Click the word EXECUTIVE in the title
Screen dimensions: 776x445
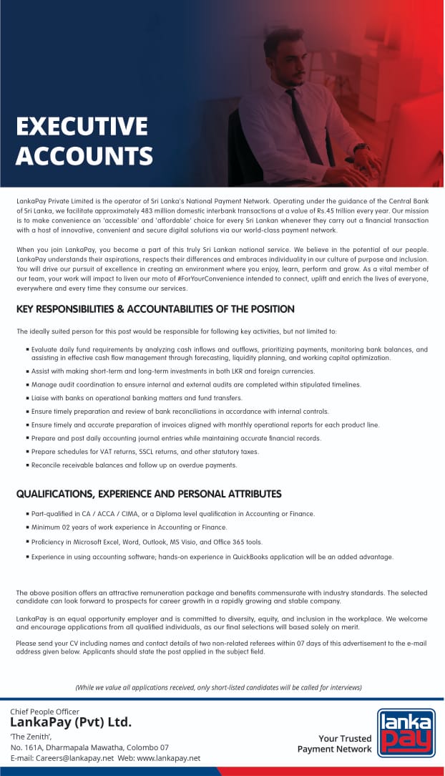coord(82,127)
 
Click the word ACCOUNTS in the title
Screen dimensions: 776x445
coord(84,155)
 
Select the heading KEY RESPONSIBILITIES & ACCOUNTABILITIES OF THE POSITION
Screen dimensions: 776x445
coord(155,309)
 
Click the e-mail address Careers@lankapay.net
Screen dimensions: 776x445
coord(76,758)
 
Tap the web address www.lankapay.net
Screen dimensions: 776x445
coord(168,758)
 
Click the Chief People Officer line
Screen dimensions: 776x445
coord(44,712)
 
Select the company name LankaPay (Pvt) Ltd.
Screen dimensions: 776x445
coord(71,722)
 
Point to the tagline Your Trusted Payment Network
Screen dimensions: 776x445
coord(335,744)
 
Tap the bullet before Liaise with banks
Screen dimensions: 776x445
coord(26,398)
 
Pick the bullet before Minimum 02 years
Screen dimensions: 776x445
coord(26,528)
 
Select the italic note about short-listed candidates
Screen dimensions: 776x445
coord(218,687)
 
